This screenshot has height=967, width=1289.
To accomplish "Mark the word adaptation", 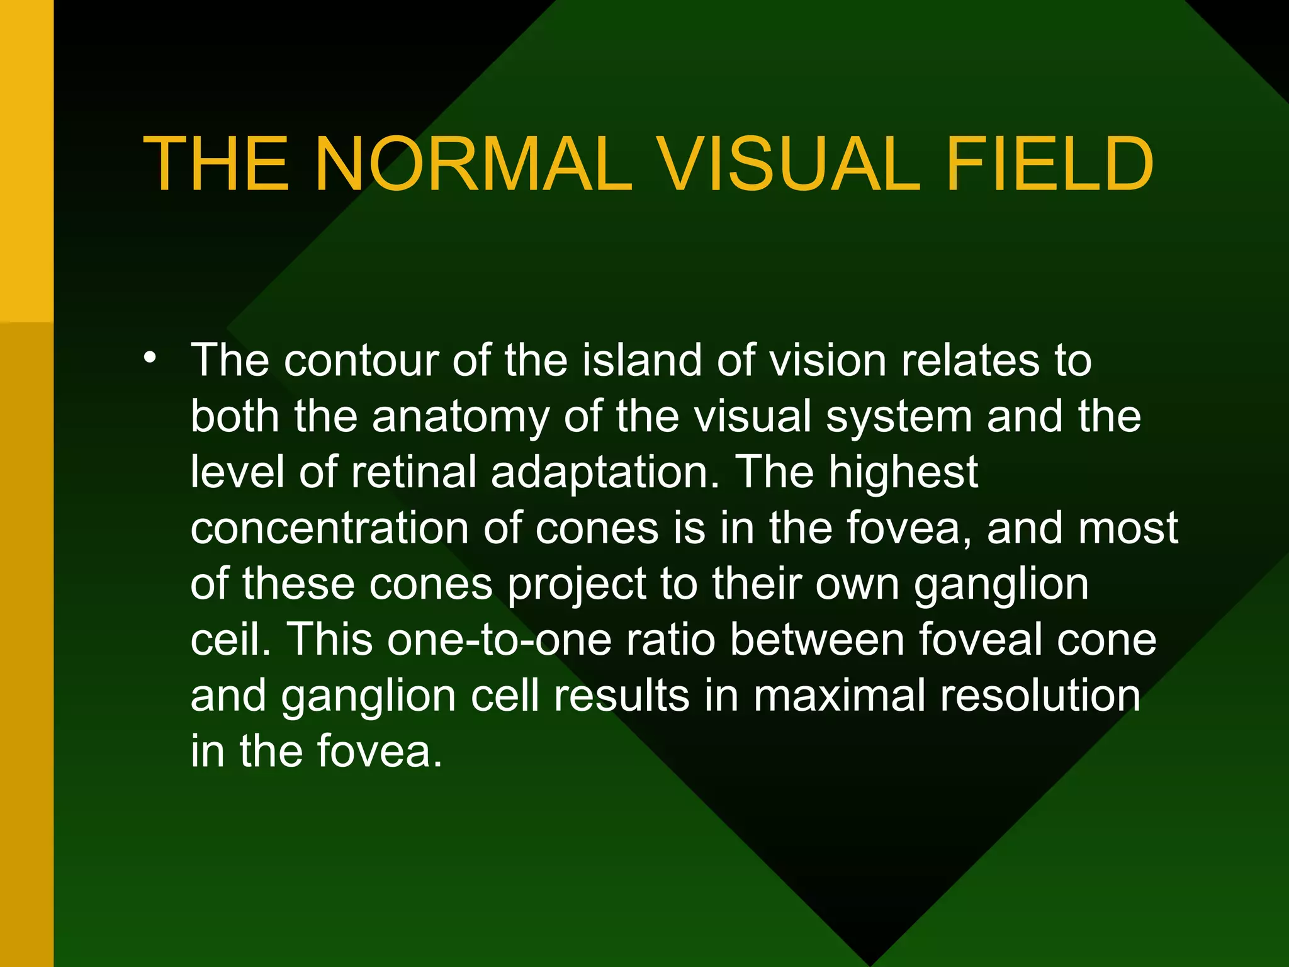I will click(x=605, y=473).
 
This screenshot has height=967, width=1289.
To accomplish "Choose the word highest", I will click(x=904, y=472).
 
